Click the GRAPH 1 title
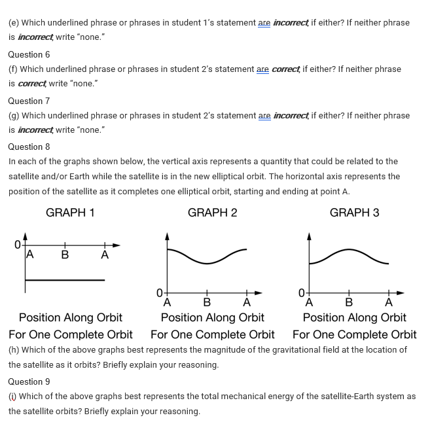pyautogui.click(x=70, y=213)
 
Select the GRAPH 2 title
pyautogui.click(x=212, y=213)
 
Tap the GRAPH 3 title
pyautogui.click(x=354, y=213)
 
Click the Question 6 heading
pyautogui.click(x=29, y=54)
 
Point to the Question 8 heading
pyautogui.click(x=29, y=147)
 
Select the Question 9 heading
pyautogui.click(x=29, y=381)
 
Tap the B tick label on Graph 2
pyautogui.click(x=207, y=302)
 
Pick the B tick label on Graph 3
pyautogui.click(x=349, y=302)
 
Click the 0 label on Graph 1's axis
pyautogui.click(x=18, y=245)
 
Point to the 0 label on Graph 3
pyautogui.click(x=301, y=292)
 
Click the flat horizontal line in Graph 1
pyautogui.click(x=65, y=280)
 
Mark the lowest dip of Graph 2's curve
pyautogui.click(x=207, y=263)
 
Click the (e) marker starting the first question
pyautogui.click(x=13, y=22)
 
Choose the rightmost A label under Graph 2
pyautogui.click(x=247, y=302)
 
